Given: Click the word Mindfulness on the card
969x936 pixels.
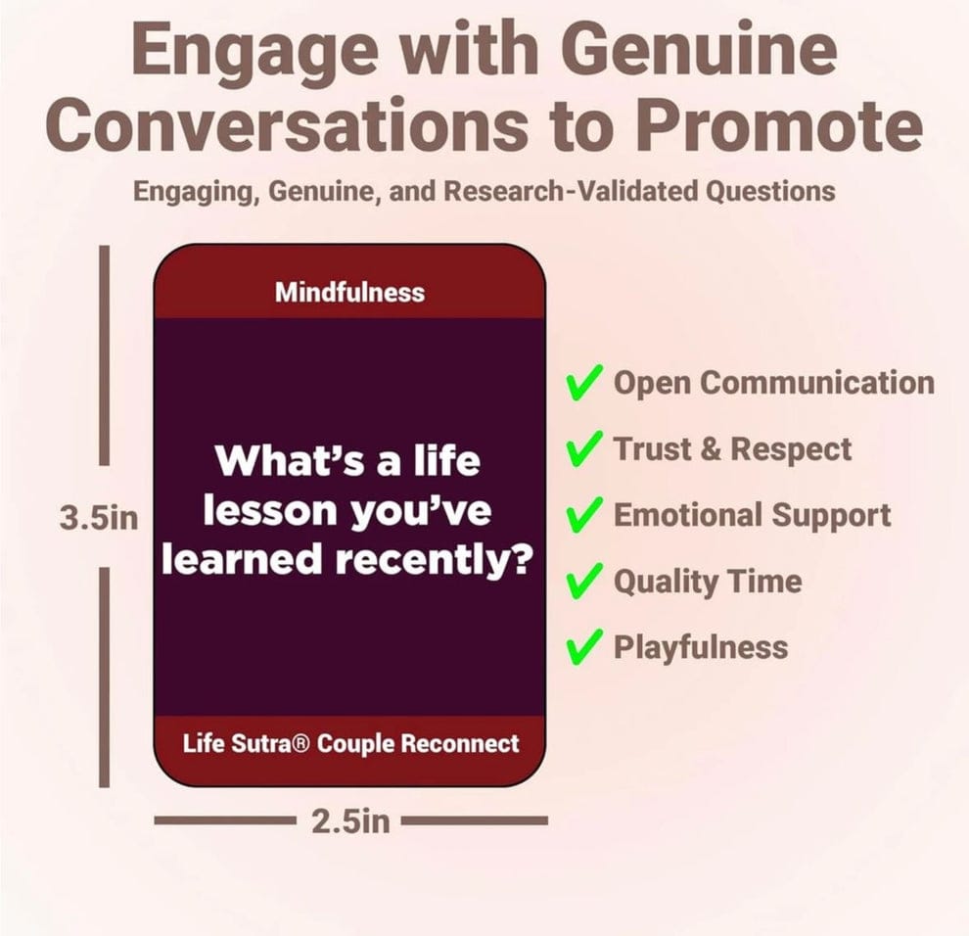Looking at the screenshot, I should [349, 292].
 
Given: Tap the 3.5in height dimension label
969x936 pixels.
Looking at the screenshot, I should [99, 517].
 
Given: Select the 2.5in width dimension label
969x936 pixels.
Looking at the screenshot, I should [350, 820].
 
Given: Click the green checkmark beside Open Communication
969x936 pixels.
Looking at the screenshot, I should [583, 384].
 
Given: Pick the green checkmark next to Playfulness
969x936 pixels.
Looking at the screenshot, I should [583, 647].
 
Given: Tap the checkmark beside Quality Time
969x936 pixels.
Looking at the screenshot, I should [583, 583].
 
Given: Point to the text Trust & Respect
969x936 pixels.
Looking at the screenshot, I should [732, 449].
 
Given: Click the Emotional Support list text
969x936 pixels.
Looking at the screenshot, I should [752, 516].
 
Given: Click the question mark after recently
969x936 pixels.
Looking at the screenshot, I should [521, 560].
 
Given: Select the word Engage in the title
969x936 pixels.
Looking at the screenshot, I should [226, 52].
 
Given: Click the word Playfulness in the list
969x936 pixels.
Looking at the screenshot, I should [700, 647].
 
